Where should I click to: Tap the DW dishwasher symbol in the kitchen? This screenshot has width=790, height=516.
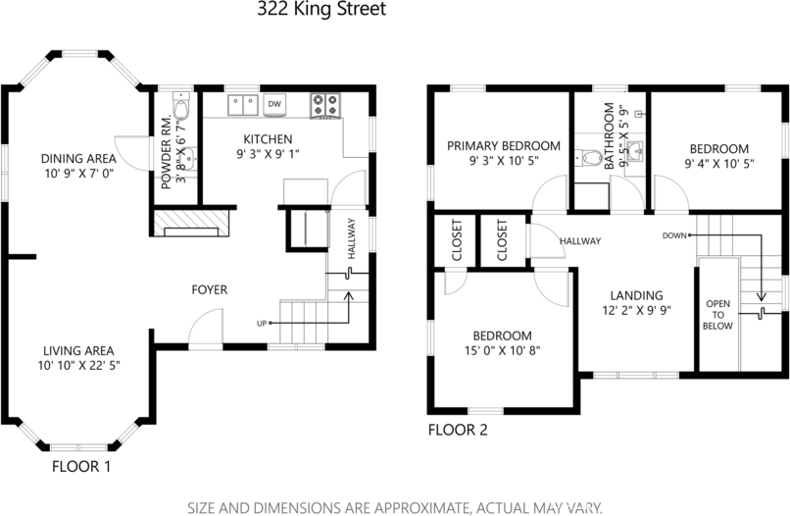tap(275, 103)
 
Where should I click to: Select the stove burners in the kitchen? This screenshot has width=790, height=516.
tap(325, 104)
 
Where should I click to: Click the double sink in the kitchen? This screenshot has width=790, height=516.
tap(242, 103)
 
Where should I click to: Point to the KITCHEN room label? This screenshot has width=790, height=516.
tap(267, 138)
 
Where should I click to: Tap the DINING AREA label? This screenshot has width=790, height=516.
tap(78, 159)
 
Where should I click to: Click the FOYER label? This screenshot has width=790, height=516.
tap(210, 289)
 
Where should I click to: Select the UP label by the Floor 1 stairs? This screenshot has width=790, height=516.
tap(262, 323)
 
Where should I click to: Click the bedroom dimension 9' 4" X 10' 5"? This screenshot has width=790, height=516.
tap(720, 165)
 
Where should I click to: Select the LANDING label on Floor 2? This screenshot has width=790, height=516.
tap(636, 295)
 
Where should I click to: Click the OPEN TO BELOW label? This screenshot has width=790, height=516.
tap(717, 314)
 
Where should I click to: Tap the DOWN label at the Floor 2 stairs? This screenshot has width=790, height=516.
tap(674, 235)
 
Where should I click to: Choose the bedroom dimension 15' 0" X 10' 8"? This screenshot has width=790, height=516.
tap(503, 350)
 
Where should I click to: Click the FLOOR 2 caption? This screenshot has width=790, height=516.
tap(458, 430)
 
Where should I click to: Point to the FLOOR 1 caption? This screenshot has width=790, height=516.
tap(81, 467)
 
